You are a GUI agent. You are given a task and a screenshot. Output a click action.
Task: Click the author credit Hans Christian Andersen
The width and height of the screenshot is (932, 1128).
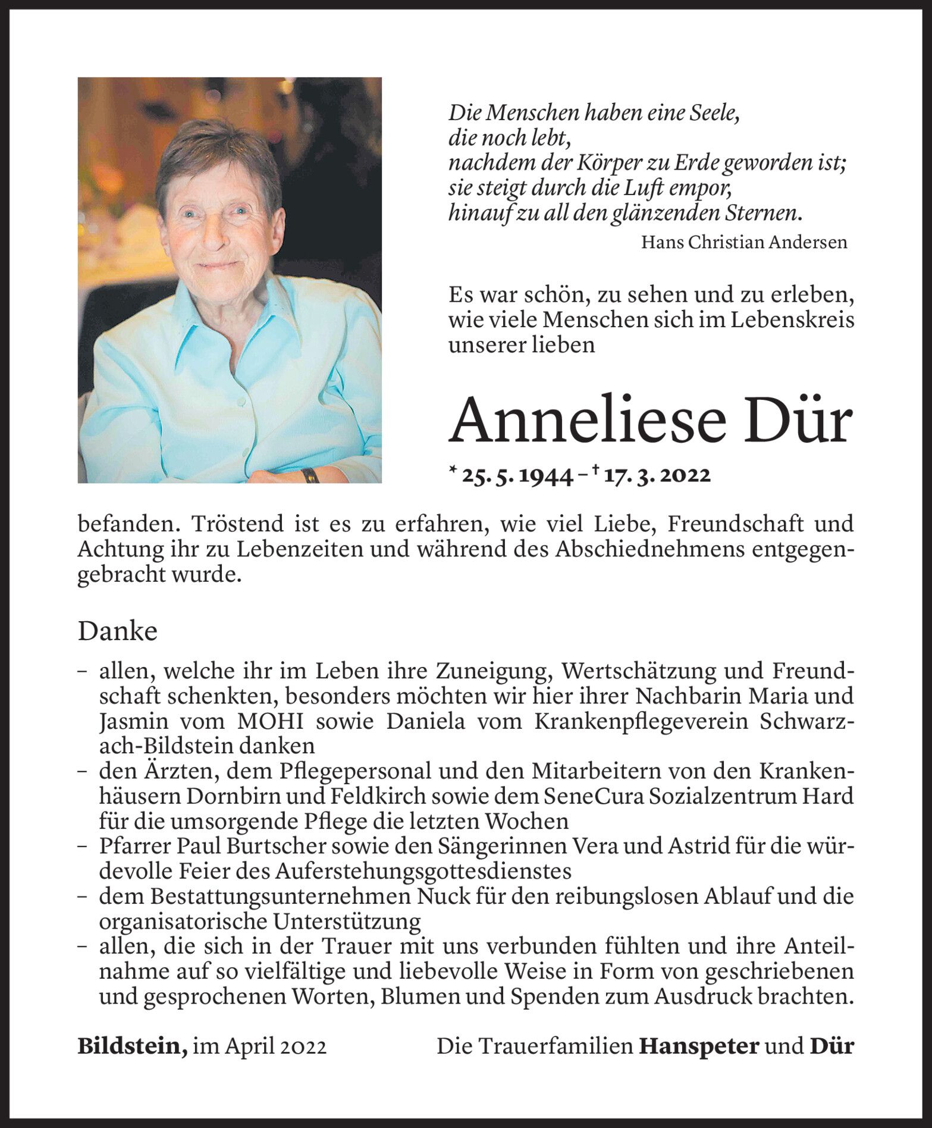coord(744,242)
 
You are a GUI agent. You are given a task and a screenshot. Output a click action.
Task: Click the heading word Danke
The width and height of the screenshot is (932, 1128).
coord(117,631)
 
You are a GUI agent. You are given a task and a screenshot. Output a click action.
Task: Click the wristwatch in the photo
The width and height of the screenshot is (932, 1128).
coord(309,475)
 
